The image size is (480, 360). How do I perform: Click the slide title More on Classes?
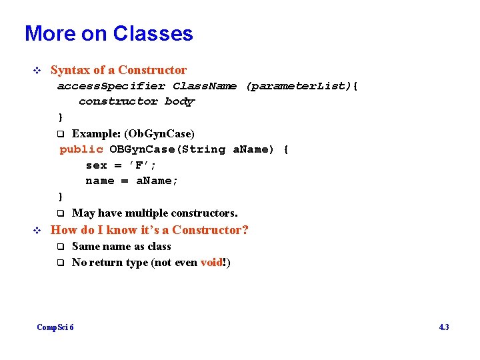point(109,33)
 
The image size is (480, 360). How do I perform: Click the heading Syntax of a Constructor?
point(119,70)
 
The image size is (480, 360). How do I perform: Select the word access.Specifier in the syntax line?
point(111,86)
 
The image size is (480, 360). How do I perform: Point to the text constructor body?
point(137,101)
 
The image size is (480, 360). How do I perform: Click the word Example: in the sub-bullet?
point(93,133)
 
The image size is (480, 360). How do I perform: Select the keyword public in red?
point(81,149)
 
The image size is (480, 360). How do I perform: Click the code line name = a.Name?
point(132,181)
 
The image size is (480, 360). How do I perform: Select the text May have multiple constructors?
point(155,213)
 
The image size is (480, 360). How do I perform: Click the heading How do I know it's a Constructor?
point(150,230)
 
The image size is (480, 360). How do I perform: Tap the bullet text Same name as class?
point(121,247)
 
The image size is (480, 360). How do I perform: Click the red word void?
point(211,263)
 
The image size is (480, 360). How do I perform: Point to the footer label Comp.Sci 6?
point(55,327)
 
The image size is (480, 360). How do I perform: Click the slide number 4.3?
point(443,327)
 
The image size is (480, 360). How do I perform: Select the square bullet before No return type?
point(60,263)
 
